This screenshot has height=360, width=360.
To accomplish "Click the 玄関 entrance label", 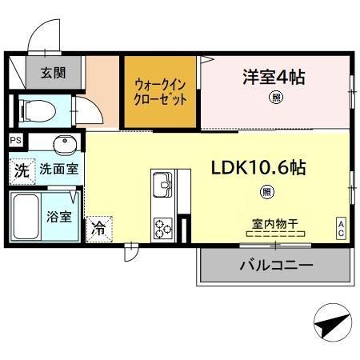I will (54, 72).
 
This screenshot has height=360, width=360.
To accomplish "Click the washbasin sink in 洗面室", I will (65, 145).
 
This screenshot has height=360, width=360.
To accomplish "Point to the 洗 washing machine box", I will (21, 170).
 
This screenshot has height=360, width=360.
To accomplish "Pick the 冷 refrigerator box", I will (100, 227).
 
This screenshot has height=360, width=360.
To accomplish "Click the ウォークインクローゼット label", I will (160, 91).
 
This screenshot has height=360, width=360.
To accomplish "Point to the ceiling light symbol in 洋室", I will (275, 99).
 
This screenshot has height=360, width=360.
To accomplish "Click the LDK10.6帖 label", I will (259, 169).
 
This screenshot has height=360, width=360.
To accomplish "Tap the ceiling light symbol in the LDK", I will (266, 191).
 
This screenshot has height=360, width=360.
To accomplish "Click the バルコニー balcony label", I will (275, 265).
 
